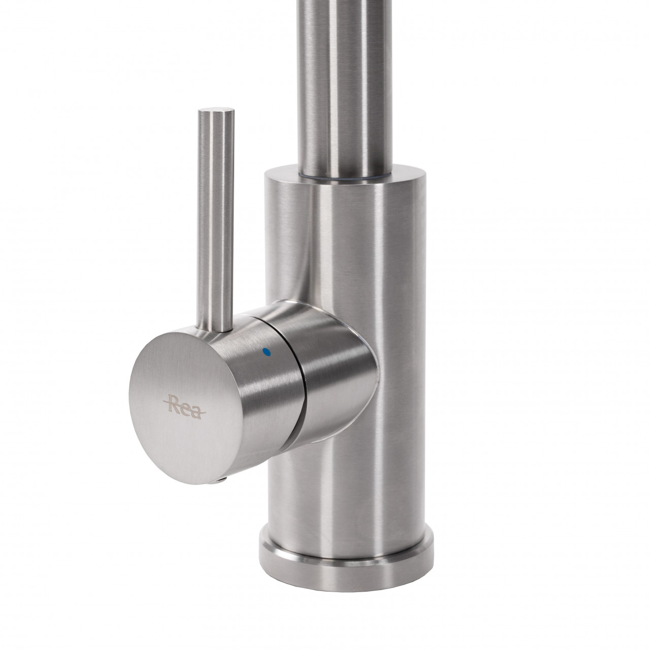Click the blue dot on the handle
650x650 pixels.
[268, 352]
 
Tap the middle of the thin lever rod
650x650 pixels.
[215, 219]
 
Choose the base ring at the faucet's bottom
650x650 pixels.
[346, 553]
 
